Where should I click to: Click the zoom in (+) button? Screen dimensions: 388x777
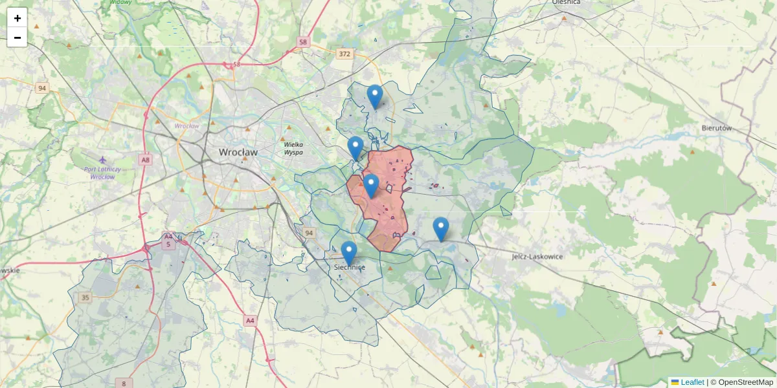coord(17,17)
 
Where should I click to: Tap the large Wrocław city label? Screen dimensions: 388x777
coord(238,153)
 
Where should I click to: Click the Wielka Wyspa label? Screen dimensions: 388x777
coord(293,149)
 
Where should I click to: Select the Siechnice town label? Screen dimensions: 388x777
coord(350,267)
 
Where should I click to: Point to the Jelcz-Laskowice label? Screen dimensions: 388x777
coord(537,257)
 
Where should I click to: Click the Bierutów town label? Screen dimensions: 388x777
coord(716,128)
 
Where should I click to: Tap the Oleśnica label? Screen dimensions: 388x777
coord(566,3)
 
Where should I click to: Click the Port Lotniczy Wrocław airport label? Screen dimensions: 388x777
coord(103,173)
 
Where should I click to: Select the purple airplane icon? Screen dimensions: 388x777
coord(102,159)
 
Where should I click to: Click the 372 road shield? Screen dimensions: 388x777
coord(344,54)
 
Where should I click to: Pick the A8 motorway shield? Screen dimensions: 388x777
coord(146,159)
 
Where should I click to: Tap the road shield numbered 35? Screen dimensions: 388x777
coord(85,297)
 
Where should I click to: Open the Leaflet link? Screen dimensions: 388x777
coord(692,382)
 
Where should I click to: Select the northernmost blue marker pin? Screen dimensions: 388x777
coord(375,97)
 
